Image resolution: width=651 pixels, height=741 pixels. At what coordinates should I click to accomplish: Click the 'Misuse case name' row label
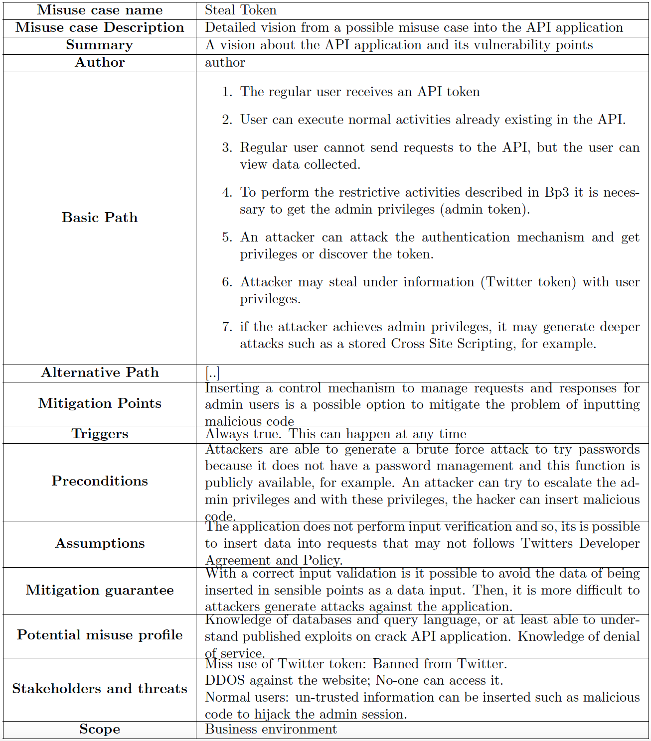(100, 10)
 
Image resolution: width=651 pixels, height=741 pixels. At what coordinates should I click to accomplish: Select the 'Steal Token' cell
(240, 10)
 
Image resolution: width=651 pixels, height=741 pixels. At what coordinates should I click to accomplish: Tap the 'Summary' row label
(100, 45)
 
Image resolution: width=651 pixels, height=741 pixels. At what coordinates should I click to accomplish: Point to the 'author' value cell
(225, 62)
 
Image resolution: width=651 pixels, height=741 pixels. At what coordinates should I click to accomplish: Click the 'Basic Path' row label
(100, 218)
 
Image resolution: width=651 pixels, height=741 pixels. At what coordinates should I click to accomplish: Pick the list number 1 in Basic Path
(227, 92)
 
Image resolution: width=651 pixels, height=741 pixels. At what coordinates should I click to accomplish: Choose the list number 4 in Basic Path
(227, 193)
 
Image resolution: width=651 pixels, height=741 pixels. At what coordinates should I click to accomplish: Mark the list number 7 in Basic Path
(227, 327)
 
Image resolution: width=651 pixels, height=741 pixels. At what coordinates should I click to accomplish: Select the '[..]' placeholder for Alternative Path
(212, 372)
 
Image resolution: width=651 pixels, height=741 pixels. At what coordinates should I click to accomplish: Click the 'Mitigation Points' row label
(100, 403)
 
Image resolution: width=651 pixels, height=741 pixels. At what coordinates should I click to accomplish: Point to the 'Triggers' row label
(100, 434)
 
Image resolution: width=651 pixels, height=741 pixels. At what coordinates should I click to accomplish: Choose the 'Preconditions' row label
(100, 481)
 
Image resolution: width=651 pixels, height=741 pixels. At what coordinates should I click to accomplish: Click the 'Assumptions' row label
(100, 543)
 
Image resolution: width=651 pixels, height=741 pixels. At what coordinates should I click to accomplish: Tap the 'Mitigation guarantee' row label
(100, 590)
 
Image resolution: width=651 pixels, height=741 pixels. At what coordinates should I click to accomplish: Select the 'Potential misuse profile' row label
(100, 635)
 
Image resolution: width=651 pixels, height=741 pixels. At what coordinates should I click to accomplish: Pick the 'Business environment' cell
(271, 730)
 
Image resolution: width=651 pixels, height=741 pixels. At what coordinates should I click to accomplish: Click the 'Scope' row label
(100, 730)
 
